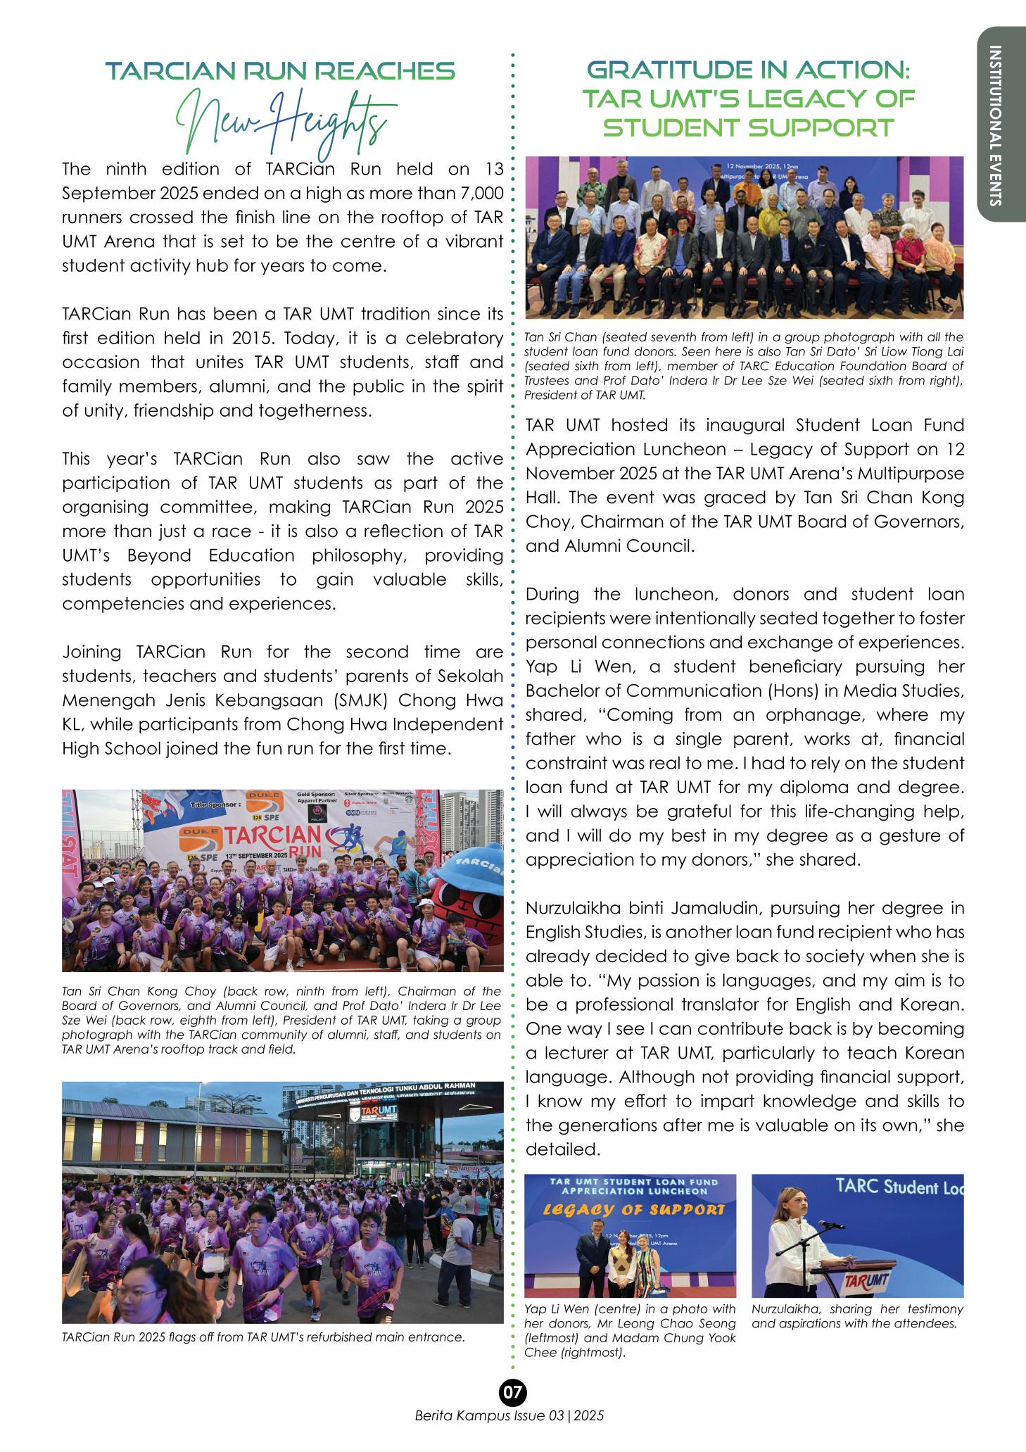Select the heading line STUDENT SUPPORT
(749, 128)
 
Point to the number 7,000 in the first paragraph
(479, 193)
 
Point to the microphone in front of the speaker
(830, 1225)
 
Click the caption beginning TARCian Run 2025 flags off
(263, 1337)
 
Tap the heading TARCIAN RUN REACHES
(280, 71)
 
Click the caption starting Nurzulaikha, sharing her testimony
(856, 1316)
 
